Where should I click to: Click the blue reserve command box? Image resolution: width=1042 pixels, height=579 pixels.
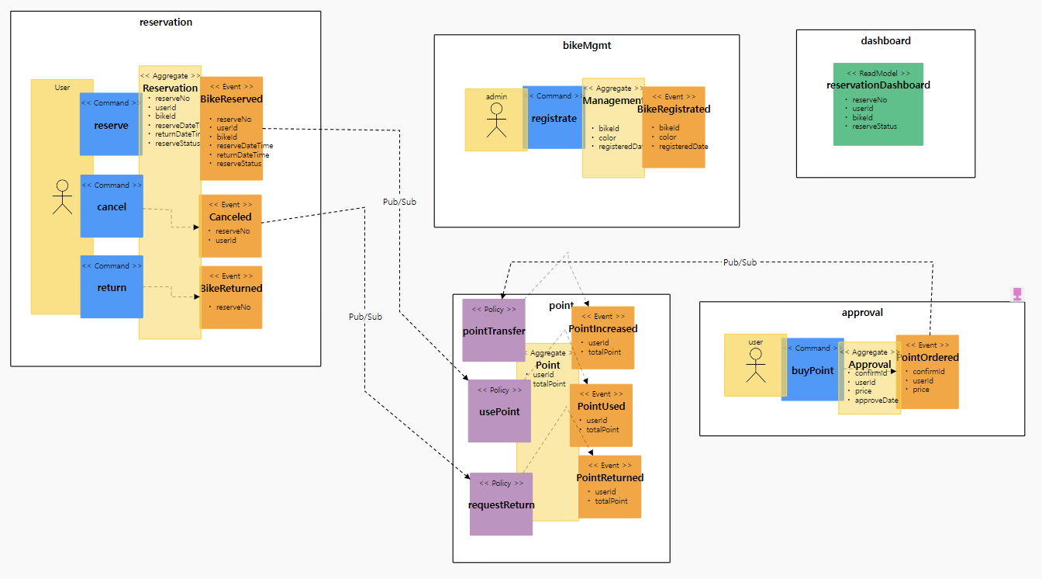tap(110, 124)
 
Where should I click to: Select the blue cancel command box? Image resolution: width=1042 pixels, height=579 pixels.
tap(112, 206)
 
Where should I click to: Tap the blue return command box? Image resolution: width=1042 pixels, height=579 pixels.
tap(112, 287)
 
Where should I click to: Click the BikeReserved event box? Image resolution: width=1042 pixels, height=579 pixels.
tap(232, 129)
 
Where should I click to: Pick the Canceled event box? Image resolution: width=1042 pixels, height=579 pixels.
tap(230, 226)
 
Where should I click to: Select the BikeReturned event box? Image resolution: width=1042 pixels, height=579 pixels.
tap(231, 297)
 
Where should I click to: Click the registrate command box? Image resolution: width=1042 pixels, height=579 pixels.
tap(554, 118)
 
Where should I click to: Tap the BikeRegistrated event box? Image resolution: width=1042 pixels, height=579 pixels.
tap(674, 127)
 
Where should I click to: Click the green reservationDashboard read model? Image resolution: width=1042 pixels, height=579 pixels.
tap(878, 104)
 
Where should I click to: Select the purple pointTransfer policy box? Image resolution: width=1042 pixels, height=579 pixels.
tap(494, 331)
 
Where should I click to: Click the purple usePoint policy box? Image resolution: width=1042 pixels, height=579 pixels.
tap(499, 411)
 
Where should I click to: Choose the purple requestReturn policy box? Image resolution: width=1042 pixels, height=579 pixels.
tap(501, 504)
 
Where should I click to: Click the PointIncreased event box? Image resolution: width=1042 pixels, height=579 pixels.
tap(603, 338)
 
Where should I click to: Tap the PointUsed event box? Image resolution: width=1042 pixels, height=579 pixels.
tap(601, 415)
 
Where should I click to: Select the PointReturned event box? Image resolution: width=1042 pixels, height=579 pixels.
tap(610, 487)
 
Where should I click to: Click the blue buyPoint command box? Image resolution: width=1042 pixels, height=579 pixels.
tap(813, 369)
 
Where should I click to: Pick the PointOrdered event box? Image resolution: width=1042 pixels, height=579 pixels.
tap(927, 372)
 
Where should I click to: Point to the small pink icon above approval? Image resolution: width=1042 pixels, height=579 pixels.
tap(1017, 294)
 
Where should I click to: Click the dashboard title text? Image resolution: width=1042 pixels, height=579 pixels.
tap(885, 40)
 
